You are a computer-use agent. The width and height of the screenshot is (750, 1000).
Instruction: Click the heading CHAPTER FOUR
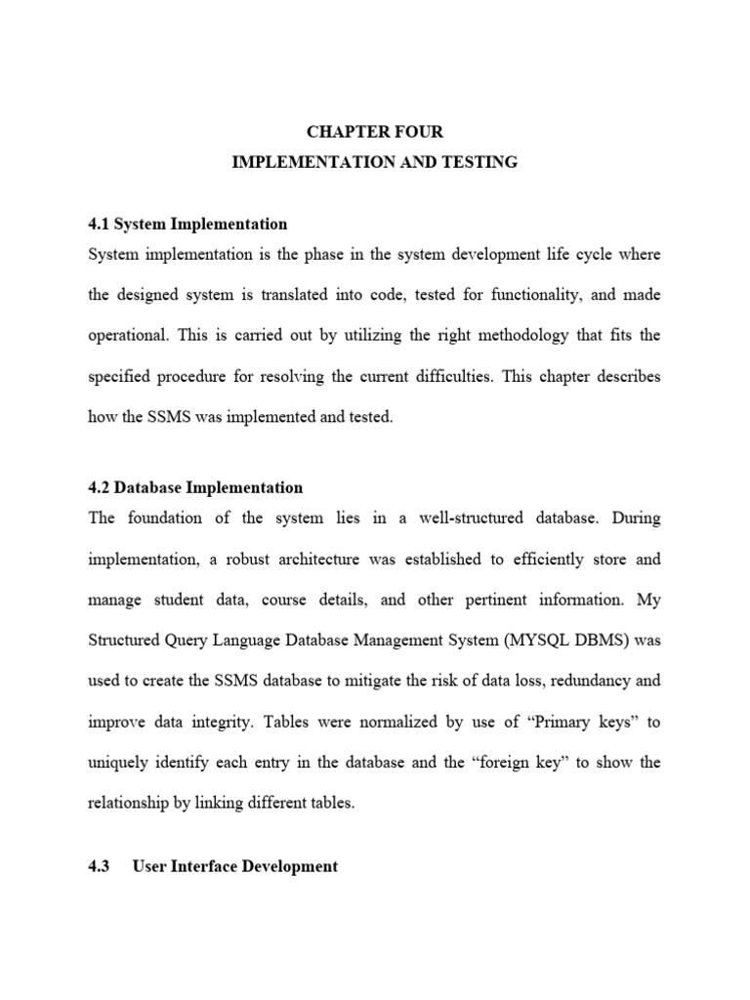[375, 132]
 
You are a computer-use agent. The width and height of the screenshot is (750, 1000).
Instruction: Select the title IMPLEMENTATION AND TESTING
[375, 162]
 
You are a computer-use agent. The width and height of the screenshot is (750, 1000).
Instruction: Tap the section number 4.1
[99, 224]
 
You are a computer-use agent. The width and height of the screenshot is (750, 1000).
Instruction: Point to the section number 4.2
[99, 487]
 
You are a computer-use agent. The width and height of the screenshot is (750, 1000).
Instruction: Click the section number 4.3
[99, 866]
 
